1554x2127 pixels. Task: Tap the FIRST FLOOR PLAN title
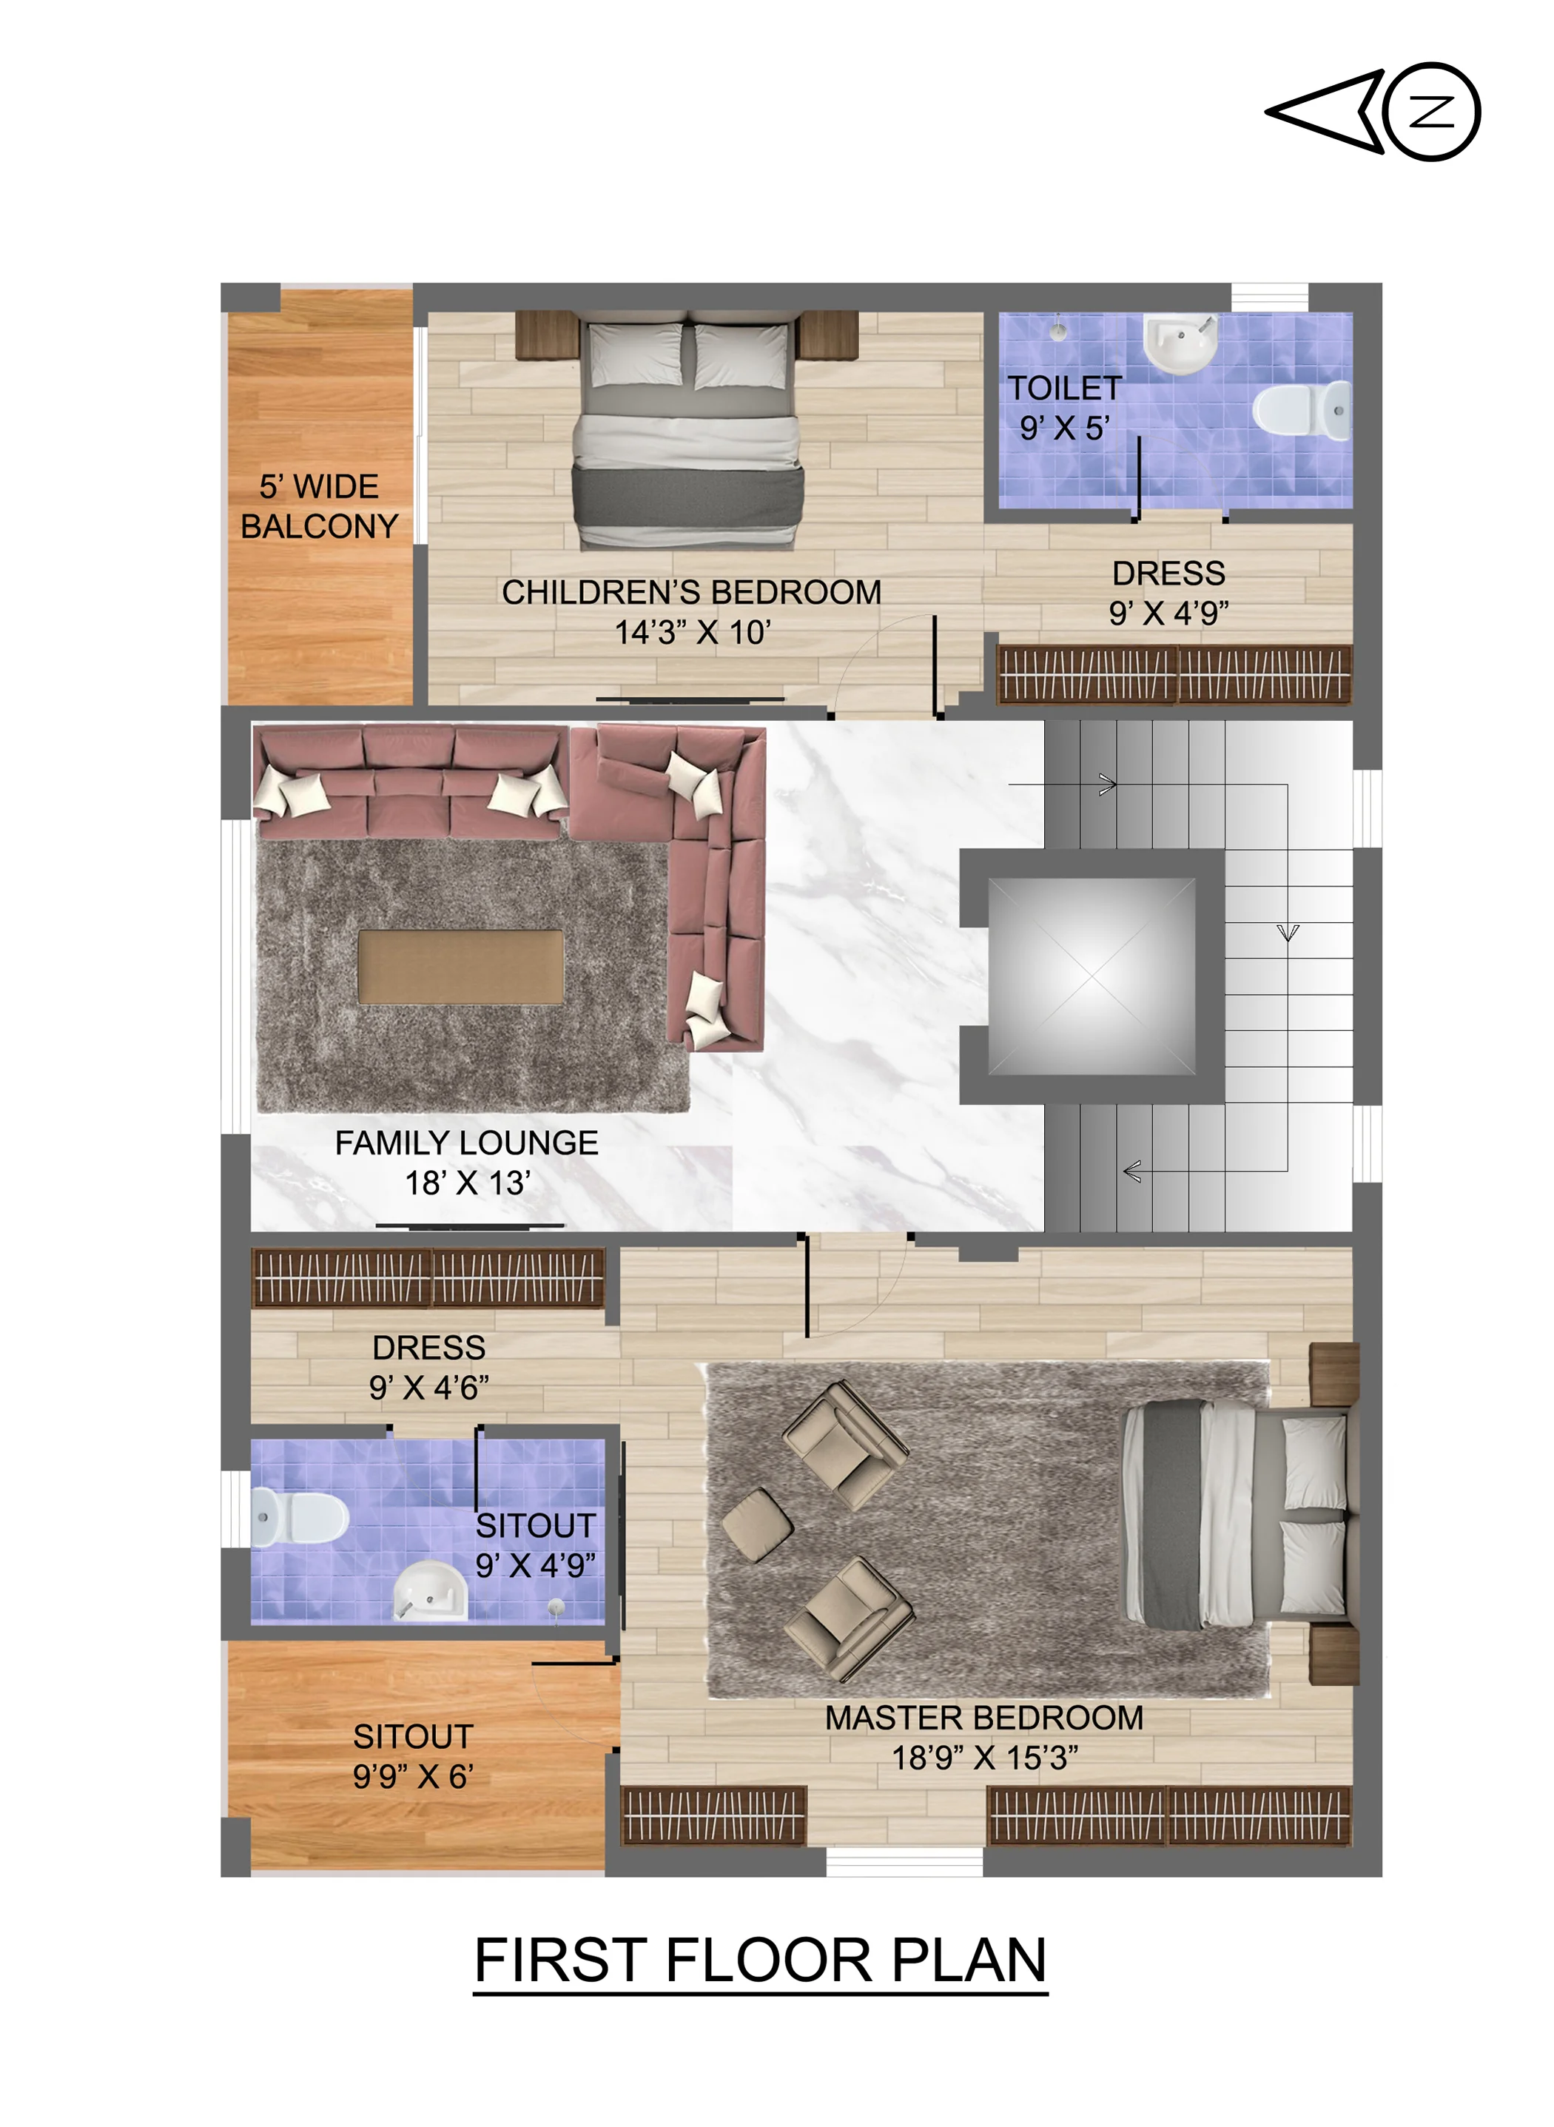760,1960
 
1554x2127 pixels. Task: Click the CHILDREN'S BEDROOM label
691,592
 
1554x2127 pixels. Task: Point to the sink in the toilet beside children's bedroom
1180,343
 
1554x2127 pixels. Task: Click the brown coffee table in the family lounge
461,967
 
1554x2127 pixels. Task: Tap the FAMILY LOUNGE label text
467,1142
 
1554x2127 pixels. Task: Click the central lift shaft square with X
1091,976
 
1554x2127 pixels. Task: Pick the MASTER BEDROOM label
984,1718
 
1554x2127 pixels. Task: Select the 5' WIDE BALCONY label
320,506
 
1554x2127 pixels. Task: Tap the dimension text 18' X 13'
468,1183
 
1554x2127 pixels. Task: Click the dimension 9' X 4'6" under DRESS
429,1388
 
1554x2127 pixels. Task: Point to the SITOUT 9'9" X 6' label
413,1756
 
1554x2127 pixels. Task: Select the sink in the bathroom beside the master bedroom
430,1590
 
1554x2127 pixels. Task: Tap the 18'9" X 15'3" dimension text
985,1757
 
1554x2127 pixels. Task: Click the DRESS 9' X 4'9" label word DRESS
1168,573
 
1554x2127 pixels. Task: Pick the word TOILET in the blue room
1065,388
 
